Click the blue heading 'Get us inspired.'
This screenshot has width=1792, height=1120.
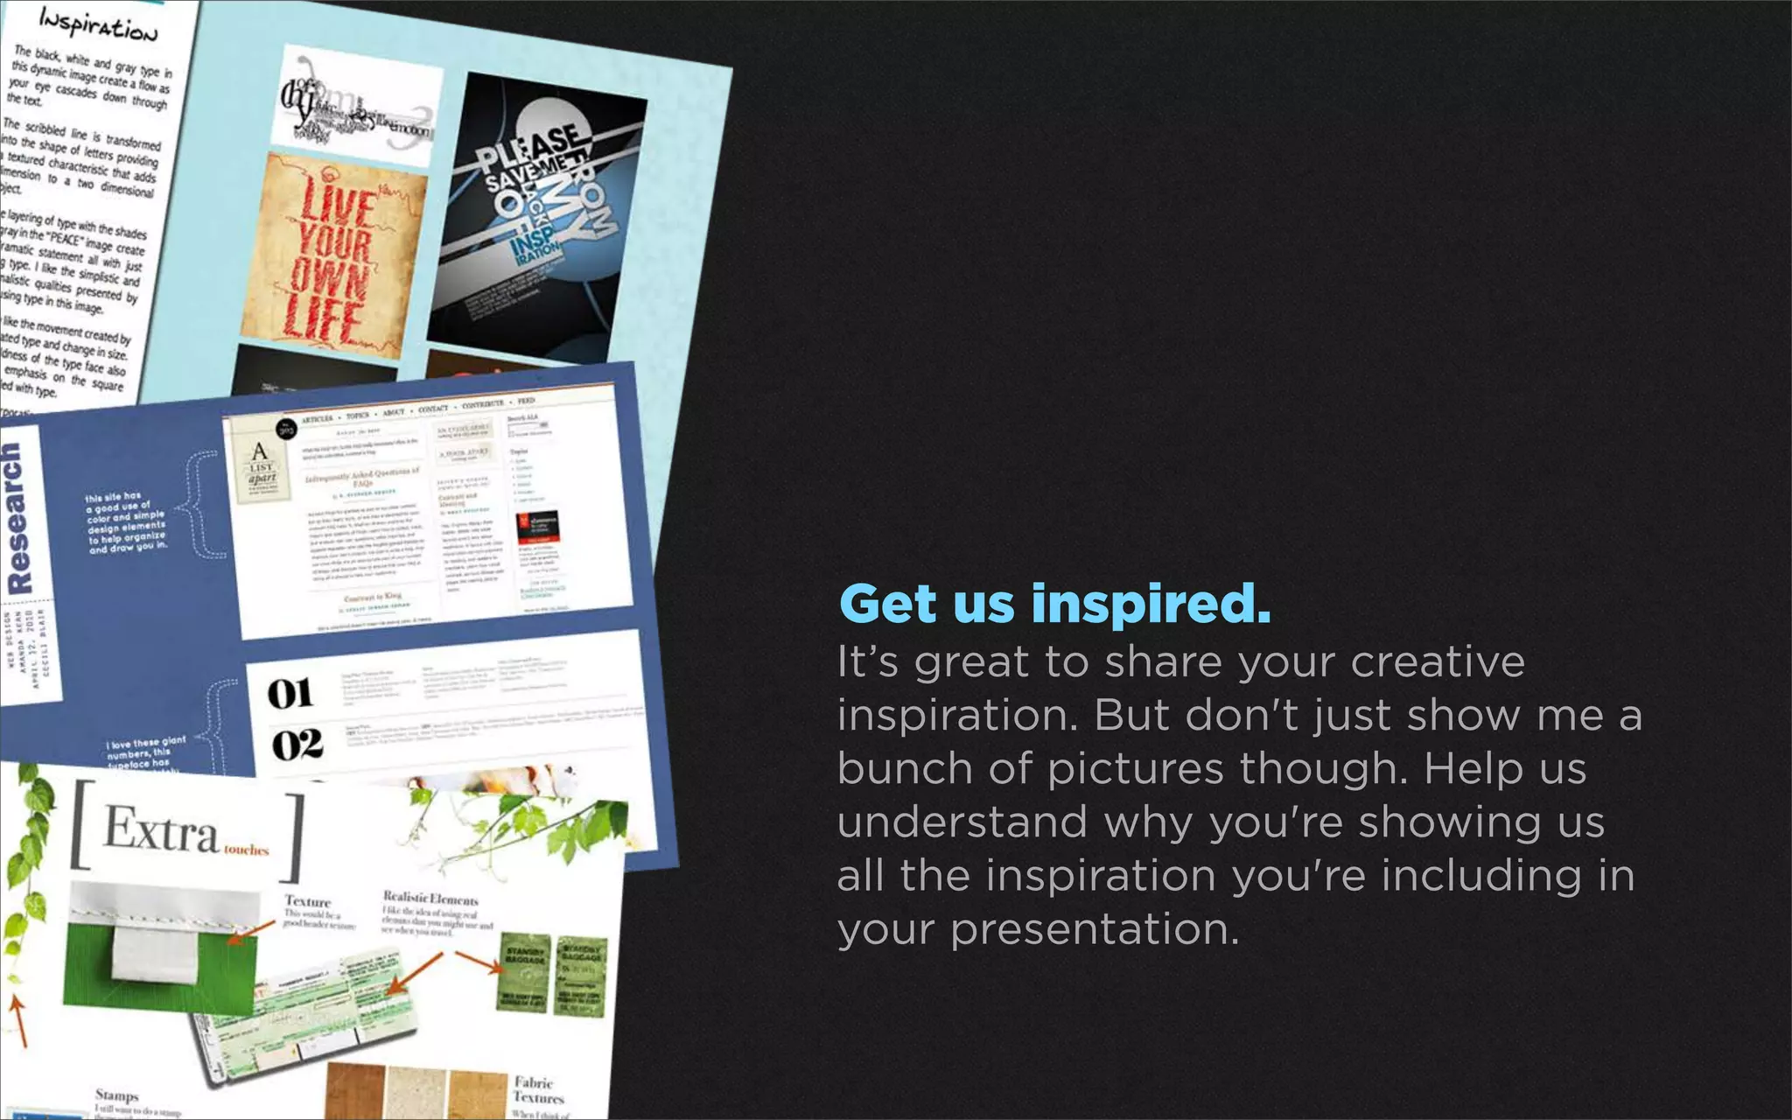1054,604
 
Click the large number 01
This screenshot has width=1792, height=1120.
290,693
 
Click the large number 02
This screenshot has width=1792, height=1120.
297,745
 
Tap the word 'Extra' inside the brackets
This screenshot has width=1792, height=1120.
160,829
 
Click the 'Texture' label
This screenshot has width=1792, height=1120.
307,901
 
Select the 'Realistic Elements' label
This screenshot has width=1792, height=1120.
430,899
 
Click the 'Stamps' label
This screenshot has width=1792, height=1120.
116,1095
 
